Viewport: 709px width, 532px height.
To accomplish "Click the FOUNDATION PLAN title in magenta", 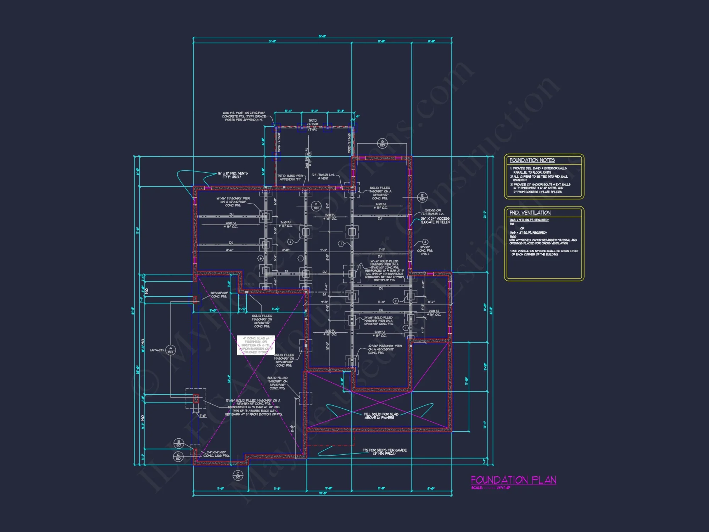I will tap(513, 480).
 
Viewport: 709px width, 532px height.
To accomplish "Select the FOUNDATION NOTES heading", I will tap(532, 160).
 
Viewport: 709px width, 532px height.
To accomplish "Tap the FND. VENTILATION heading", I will tap(530, 213).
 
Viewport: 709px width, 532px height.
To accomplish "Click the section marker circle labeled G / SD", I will tap(382, 144).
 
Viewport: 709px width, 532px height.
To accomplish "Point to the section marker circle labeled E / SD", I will tap(422, 197).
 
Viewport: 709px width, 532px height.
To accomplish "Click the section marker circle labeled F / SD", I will tap(316, 206).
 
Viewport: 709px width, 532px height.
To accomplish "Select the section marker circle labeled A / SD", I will tap(171, 350).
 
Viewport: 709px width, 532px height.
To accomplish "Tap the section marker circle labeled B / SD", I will tap(179, 443).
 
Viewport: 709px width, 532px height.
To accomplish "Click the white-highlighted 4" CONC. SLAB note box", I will tap(256, 345).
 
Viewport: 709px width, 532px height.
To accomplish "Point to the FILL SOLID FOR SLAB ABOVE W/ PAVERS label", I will tap(381, 416).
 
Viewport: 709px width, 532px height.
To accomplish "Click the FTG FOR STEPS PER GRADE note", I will tap(384, 452).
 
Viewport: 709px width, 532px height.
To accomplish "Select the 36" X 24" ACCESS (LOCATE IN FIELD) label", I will tap(435, 220).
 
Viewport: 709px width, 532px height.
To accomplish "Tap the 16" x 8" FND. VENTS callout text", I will tap(233, 175).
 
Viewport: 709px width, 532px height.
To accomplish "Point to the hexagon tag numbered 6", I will tap(261, 259).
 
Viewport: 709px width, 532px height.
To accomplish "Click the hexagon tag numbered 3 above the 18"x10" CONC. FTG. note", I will tap(425, 242).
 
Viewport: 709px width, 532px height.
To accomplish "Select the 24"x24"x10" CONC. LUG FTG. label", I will tap(216, 454).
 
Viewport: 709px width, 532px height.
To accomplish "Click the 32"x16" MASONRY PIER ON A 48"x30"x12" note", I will tap(384, 349).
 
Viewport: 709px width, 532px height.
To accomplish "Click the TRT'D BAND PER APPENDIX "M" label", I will tap(290, 178).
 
